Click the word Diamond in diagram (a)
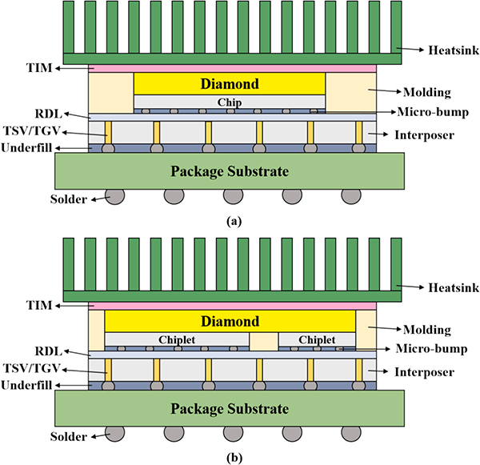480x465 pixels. point(230,84)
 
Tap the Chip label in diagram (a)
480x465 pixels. point(230,102)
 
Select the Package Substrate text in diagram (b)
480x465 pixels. point(230,409)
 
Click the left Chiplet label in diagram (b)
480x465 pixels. point(177,339)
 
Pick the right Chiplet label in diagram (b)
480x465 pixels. point(317,339)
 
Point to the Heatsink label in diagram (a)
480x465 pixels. point(454,50)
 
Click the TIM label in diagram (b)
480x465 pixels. point(39,306)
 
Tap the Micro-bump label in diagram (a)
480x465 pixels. point(433,112)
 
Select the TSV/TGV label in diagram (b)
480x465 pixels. point(31,368)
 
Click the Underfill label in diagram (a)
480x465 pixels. point(26,148)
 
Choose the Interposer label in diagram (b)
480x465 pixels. point(424,372)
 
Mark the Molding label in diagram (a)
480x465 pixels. point(427,92)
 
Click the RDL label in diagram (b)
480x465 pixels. point(49,351)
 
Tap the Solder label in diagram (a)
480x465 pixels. point(69,199)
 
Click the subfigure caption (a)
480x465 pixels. point(234,221)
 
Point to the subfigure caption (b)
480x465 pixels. point(234,459)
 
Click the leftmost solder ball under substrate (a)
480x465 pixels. point(114,196)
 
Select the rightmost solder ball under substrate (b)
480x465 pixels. point(351,434)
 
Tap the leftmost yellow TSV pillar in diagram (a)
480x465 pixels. point(108,133)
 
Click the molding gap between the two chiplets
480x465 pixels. point(263,342)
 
